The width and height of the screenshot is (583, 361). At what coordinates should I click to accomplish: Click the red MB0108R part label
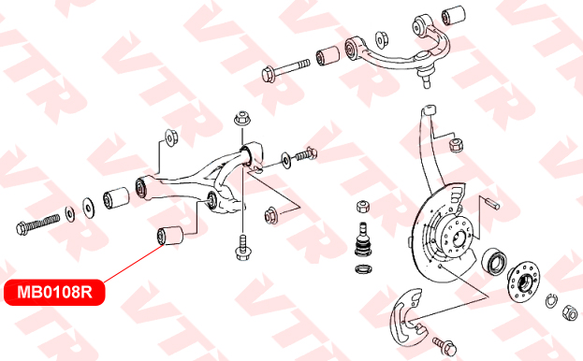pos(54,293)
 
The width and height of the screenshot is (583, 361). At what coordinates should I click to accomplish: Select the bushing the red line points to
pos(170,236)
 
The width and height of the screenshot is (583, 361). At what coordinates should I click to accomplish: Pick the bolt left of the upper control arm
pos(285,69)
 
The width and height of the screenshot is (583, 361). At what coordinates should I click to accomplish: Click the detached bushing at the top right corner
pos(453,14)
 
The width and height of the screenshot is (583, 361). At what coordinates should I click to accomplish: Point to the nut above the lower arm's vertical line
pos(242,119)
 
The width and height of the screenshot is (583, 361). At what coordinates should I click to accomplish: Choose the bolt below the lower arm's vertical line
pos(242,247)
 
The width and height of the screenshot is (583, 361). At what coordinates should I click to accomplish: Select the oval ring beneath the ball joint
pos(362,268)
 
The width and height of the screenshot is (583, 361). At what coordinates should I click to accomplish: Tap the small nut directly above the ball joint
pos(363,206)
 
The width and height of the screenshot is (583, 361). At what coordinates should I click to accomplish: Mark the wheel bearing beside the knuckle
pos(494,262)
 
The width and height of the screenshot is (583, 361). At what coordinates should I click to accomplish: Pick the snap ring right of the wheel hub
pos(551,300)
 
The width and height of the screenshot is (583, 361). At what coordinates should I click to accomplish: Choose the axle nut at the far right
pos(569,312)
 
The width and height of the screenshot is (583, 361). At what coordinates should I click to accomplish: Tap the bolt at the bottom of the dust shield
pos(445,346)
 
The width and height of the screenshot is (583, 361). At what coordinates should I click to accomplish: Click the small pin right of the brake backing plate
pos(492,202)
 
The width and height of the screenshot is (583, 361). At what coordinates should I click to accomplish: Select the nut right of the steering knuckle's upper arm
pos(457,145)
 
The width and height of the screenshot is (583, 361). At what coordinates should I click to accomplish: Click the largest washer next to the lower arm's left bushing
pos(89,208)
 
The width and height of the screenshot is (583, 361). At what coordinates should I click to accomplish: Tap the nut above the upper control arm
pos(382,40)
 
